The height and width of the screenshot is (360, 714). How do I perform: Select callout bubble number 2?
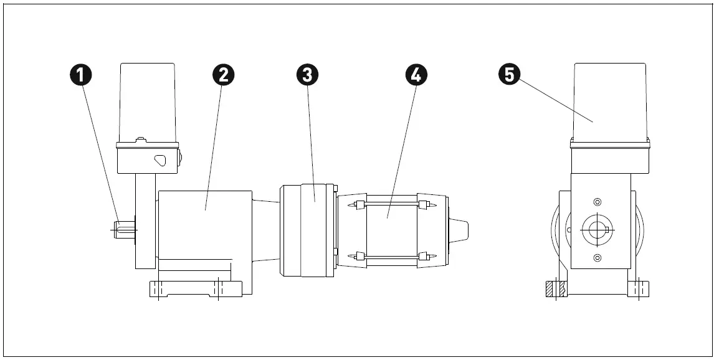(223, 75)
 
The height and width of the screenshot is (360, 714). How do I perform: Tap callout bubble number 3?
(307, 75)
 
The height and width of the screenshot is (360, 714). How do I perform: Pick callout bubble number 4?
(416, 75)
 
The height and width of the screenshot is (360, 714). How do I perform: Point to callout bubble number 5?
(509, 75)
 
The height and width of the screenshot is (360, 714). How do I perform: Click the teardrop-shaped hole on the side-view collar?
(161, 159)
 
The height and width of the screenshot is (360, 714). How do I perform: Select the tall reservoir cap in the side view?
(147, 100)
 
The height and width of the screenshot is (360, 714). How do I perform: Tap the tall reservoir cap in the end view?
(609, 100)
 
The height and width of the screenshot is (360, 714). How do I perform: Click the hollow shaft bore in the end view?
(597, 229)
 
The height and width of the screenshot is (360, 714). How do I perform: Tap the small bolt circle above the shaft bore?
(597, 202)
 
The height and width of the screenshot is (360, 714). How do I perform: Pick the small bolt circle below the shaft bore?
(597, 258)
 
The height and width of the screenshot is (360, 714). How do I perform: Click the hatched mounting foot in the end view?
(555, 289)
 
